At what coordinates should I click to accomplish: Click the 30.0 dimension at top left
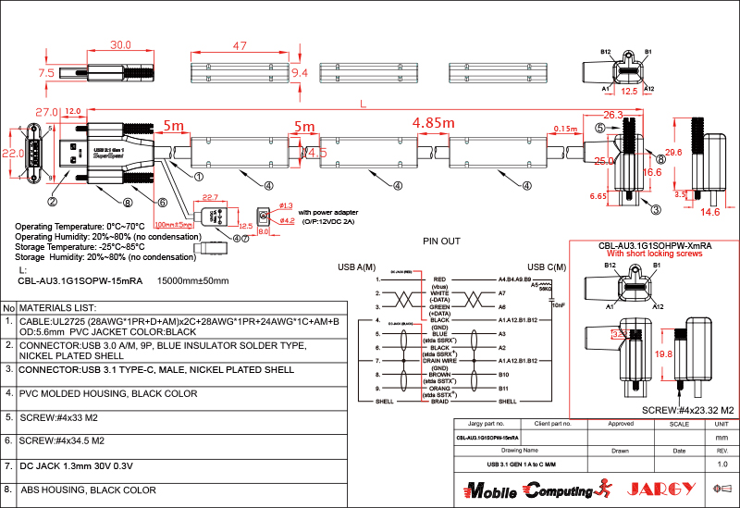[120, 45]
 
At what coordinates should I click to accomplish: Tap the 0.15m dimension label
[564, 129]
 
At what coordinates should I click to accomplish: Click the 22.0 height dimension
[12, 153]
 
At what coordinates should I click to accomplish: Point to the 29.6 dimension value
[673, 152]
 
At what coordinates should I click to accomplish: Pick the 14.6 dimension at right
[710, 213]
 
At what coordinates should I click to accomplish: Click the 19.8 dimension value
[664, 353]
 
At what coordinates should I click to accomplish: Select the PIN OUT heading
[441, 241]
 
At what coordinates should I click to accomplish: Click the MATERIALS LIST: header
[58, 306]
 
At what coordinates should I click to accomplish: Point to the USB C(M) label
[546, 267]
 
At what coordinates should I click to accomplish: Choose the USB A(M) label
[357, 267]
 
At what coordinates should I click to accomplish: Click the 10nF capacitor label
[558, 304]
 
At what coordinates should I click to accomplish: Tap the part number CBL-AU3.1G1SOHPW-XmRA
[655, 246]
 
